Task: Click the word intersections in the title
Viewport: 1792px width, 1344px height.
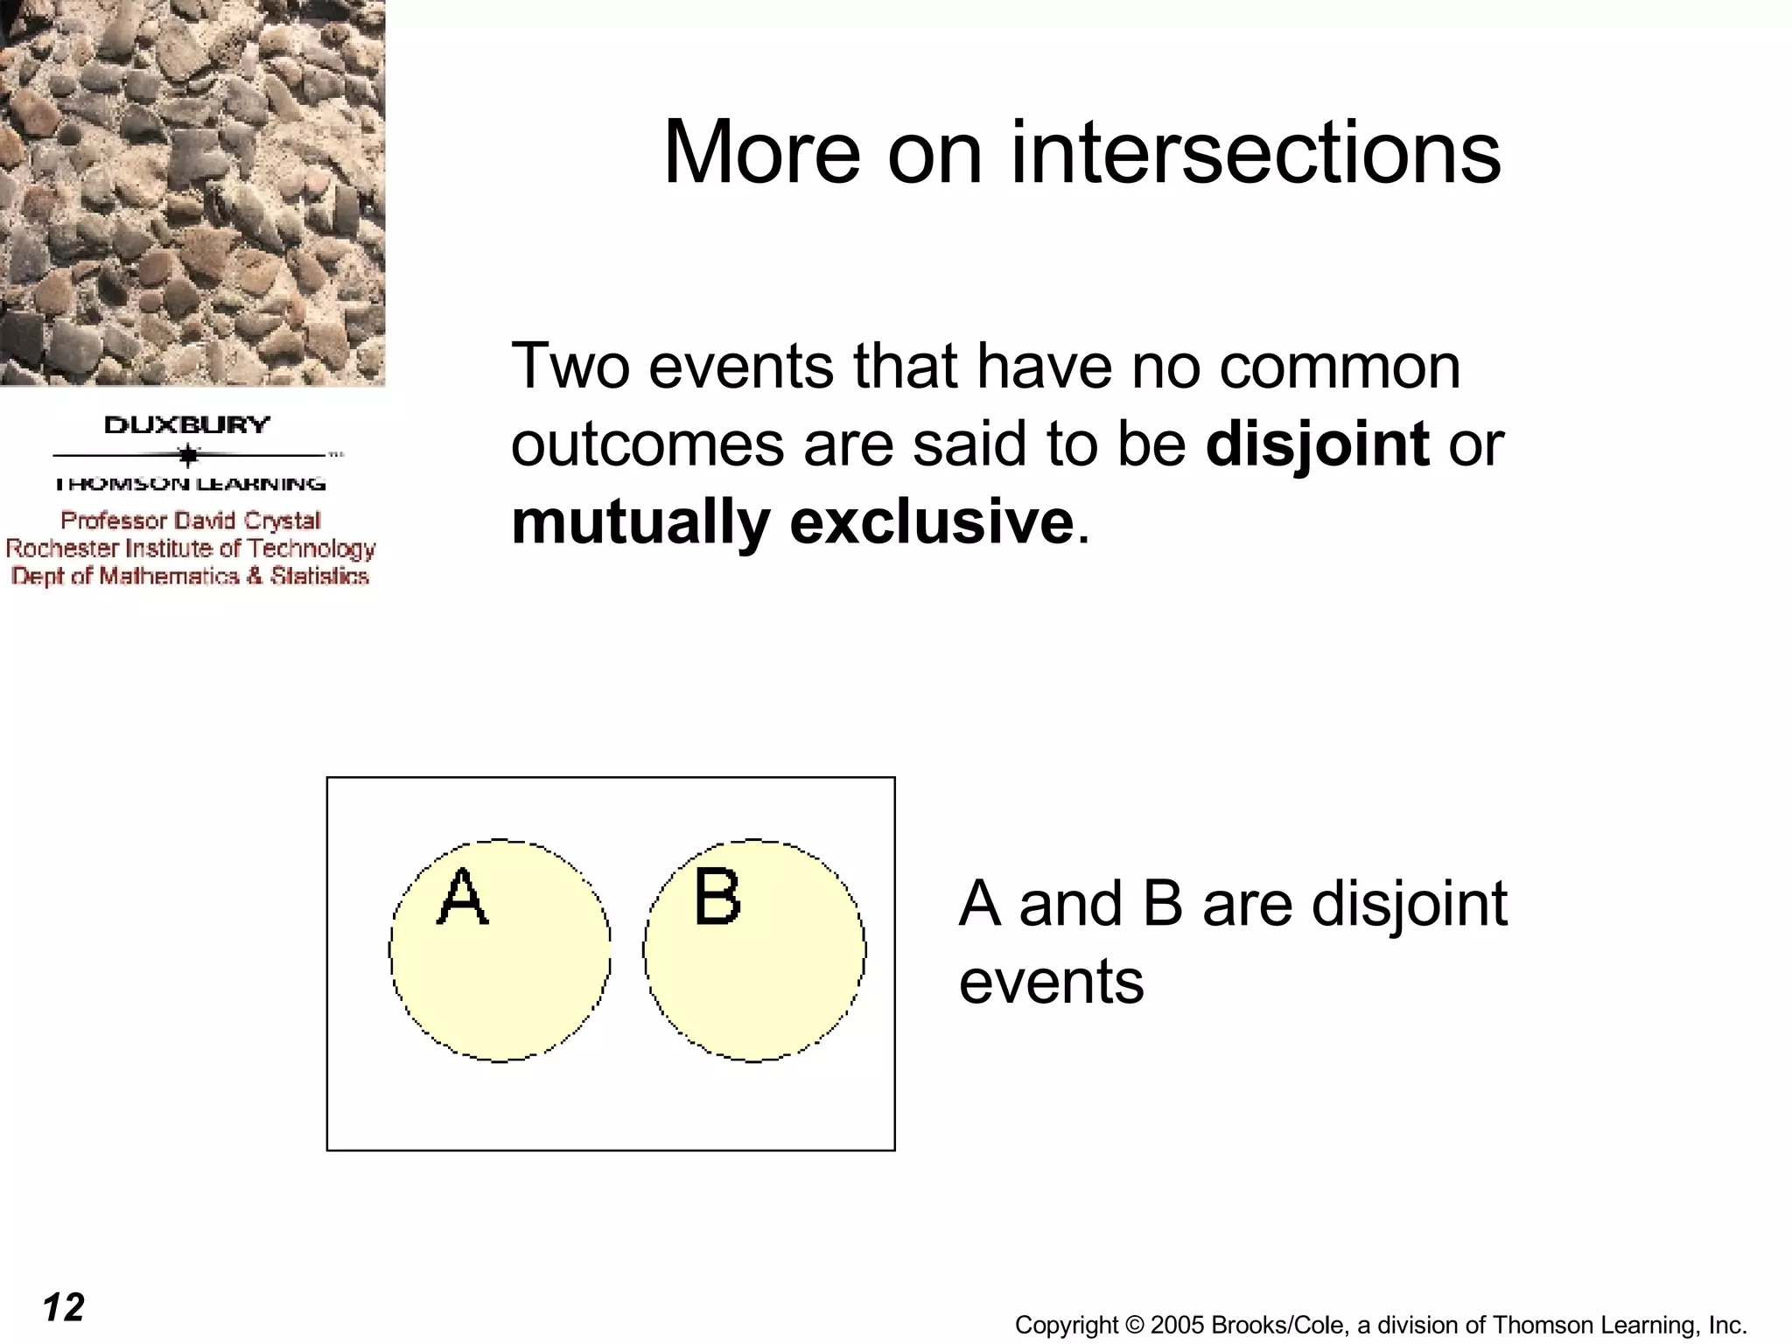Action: click(x=1256, y=153)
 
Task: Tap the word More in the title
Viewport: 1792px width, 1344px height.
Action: click(x=761, y=153)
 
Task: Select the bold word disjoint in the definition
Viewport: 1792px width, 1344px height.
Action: click(x=1317, y=444)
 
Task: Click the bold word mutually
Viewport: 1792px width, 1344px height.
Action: click(x=640, y=523)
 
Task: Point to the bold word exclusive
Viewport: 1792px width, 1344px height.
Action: click(x=932, y=522)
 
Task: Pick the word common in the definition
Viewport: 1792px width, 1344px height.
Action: click(x=1340, y=366)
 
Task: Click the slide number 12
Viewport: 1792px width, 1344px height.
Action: click(x=63, y=1308)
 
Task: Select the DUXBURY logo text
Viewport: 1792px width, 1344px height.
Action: click(x=187, y=426)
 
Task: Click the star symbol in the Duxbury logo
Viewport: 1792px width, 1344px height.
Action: click(x=188, y=455)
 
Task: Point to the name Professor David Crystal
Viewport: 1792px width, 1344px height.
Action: click(x=191, y=521)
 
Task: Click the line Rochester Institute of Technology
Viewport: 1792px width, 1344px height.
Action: click(x=191, y=549)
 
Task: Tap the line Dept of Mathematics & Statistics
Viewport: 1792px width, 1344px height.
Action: click(x=190, y=576)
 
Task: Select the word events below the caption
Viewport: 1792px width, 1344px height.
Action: click(x=1051, y=982)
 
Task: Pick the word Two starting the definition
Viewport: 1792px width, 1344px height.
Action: click(x=570, y=366)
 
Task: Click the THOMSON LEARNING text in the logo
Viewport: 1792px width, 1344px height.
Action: click(x=190, y=484)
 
